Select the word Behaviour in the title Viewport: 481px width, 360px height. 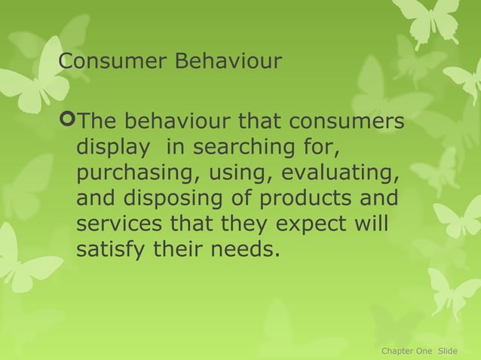[x=228, y=61]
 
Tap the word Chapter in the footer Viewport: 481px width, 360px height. [x=397, y=351]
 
